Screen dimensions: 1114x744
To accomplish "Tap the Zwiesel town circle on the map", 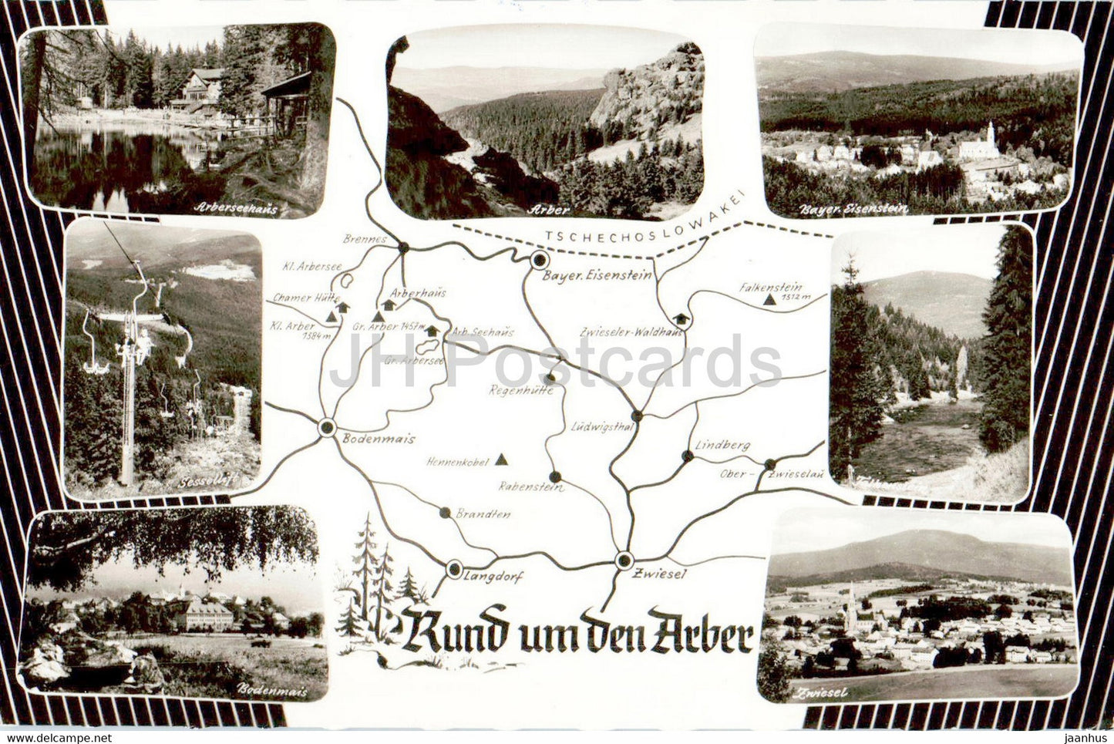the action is (x=623, y=560).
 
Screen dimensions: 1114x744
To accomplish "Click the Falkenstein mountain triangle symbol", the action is (x=768, y=300).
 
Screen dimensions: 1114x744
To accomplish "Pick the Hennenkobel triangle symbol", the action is (x=502, y=460).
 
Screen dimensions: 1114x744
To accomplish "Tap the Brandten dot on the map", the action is (x=444, y=512).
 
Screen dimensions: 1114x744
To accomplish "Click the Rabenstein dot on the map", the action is (x=554, y=476).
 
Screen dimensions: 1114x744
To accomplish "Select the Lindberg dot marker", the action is (x=687, y=456).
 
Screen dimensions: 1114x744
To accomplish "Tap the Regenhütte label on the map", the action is (x=516, y=390).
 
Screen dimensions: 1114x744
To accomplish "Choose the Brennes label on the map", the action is (x=366, y=240).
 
